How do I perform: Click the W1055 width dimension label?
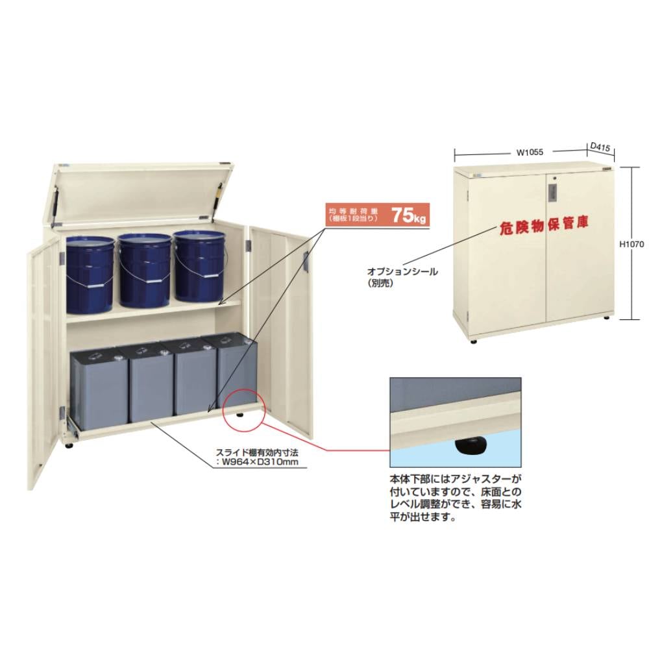coord(530,153)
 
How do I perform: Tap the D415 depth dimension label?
coord(600,147)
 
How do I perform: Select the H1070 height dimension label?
coord(631,244)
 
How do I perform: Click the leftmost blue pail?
coord(90,275)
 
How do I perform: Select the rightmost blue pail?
coord(199,265)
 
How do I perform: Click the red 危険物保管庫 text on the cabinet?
coord(543,225)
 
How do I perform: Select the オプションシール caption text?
coord(402,271)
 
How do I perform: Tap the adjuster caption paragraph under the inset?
coord(456,498)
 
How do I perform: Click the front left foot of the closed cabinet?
coord(473,342)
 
